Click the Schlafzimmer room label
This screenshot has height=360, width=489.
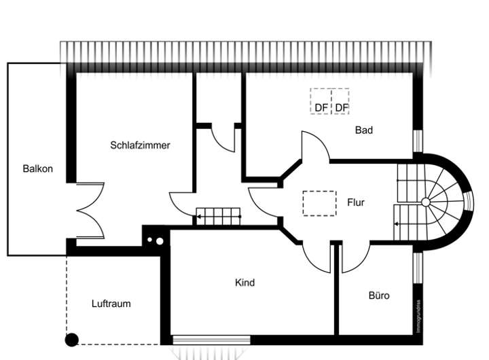pos(140,145)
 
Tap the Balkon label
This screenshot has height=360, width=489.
pos(37,168)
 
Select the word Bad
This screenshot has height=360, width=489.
pos(364,130)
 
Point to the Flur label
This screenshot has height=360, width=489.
pos(356,202)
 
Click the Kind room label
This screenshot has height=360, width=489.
pos(244,282)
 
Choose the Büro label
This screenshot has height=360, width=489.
pos(378,295)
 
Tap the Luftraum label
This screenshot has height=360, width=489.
pos(111,304)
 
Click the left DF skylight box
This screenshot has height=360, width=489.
pos(321,101)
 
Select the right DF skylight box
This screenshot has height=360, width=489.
pos(340,101)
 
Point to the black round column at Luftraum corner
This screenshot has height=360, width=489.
pos(71,339)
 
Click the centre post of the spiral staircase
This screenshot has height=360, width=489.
pos(425,202)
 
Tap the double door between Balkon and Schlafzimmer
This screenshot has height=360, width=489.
pos(90,210)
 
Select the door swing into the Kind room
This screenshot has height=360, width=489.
pos(314,256)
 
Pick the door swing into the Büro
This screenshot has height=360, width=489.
pos(351,258)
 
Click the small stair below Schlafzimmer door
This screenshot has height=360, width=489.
pos(219,216)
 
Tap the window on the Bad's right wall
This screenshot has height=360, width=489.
pos(417,141)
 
